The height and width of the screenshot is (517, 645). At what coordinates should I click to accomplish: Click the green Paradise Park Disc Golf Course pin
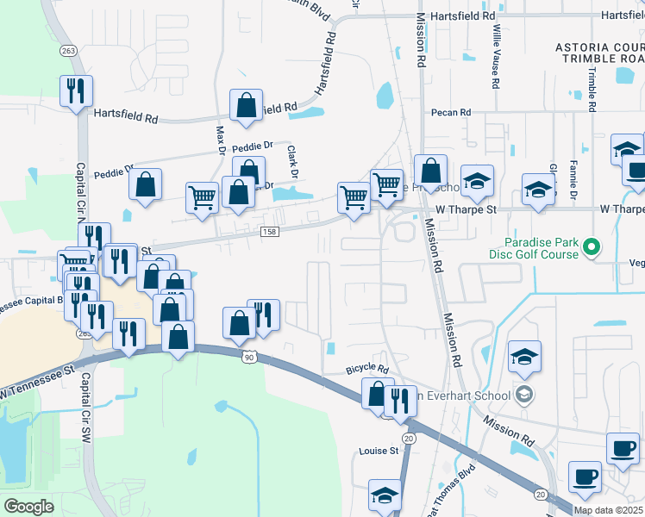591,249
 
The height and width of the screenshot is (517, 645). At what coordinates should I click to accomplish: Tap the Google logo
28,507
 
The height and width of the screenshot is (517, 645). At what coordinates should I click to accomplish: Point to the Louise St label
379,450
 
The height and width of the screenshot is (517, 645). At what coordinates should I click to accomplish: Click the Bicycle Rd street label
368,369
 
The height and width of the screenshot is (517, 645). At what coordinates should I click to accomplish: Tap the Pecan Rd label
453,112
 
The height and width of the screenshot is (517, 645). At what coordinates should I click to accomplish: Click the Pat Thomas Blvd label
450,491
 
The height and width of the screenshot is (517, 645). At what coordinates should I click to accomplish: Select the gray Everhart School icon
523,396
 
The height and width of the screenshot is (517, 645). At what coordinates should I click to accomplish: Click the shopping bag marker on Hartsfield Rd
247,106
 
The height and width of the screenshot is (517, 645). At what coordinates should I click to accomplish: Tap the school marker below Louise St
385,495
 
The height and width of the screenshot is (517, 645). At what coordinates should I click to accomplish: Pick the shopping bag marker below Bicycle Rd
376,394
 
